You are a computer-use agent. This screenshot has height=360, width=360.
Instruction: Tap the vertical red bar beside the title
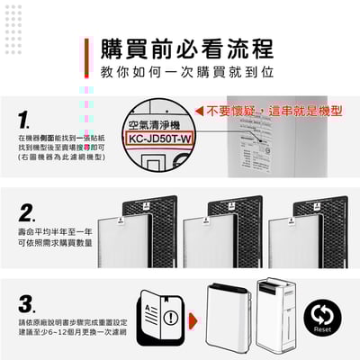(x=88, y=57)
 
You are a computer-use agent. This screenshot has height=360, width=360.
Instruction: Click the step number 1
(x=26, y=120)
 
